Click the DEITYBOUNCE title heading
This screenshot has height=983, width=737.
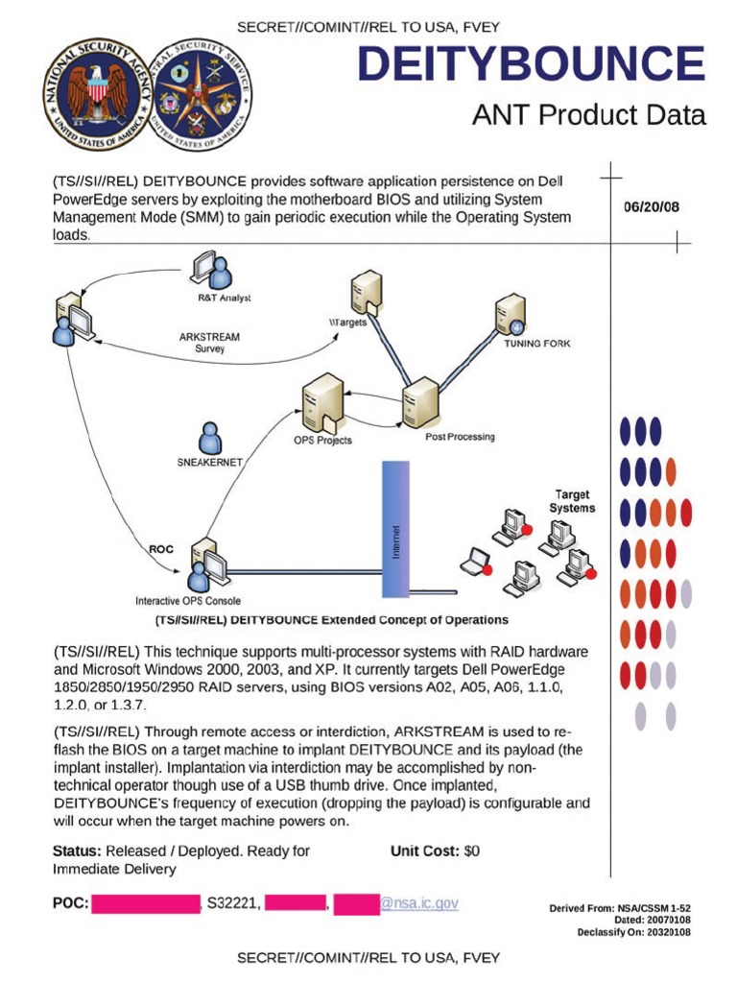531,64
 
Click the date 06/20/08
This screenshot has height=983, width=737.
652,206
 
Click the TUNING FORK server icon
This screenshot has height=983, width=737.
509,316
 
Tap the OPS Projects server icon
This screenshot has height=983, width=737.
321,404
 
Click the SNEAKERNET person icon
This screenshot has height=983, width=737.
209,439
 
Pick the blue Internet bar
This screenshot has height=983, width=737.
395,529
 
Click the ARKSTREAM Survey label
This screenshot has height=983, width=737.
209,343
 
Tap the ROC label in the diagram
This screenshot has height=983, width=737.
161,550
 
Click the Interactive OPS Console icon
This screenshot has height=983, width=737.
205,566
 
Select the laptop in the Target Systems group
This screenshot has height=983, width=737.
475,563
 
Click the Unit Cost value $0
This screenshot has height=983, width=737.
471,851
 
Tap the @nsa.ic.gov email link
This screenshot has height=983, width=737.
419,903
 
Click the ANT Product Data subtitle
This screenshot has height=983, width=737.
588,115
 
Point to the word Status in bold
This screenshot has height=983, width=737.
77,851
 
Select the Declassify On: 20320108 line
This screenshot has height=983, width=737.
633,932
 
